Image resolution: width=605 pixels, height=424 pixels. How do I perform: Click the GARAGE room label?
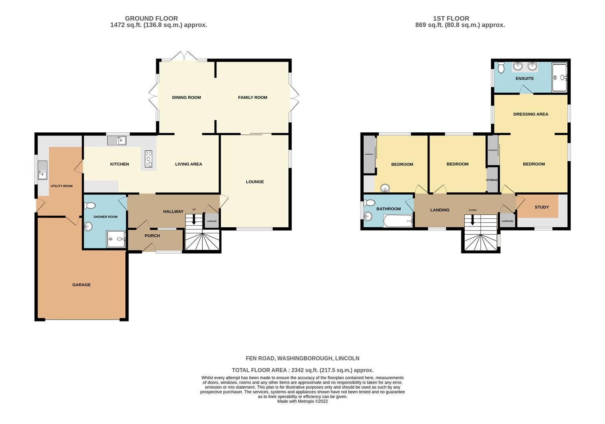(81, 285)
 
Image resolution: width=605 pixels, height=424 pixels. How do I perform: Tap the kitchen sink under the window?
(116, 140)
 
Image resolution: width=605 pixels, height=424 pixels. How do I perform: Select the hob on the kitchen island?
(148, 159)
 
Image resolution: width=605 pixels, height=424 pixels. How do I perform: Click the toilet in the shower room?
(90, 205)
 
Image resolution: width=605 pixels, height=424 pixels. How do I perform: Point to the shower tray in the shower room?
(116, 239)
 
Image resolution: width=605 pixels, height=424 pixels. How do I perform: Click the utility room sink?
(42, 170)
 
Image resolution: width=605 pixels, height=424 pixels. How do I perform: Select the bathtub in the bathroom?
(398, 221)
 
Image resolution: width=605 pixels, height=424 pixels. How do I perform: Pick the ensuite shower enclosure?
(559, 77)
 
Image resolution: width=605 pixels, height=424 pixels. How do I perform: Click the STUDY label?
(541, 207)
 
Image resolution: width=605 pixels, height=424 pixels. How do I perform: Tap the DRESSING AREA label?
(530, 114)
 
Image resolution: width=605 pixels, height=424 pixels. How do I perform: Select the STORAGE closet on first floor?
(492, 180)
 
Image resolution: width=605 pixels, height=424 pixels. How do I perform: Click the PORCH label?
(152, 236)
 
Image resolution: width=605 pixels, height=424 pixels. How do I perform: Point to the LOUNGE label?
(255, 182)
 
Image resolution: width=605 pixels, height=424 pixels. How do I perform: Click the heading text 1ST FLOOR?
(451, 18)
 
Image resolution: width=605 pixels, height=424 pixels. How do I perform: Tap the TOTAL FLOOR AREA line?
(302, 370)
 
